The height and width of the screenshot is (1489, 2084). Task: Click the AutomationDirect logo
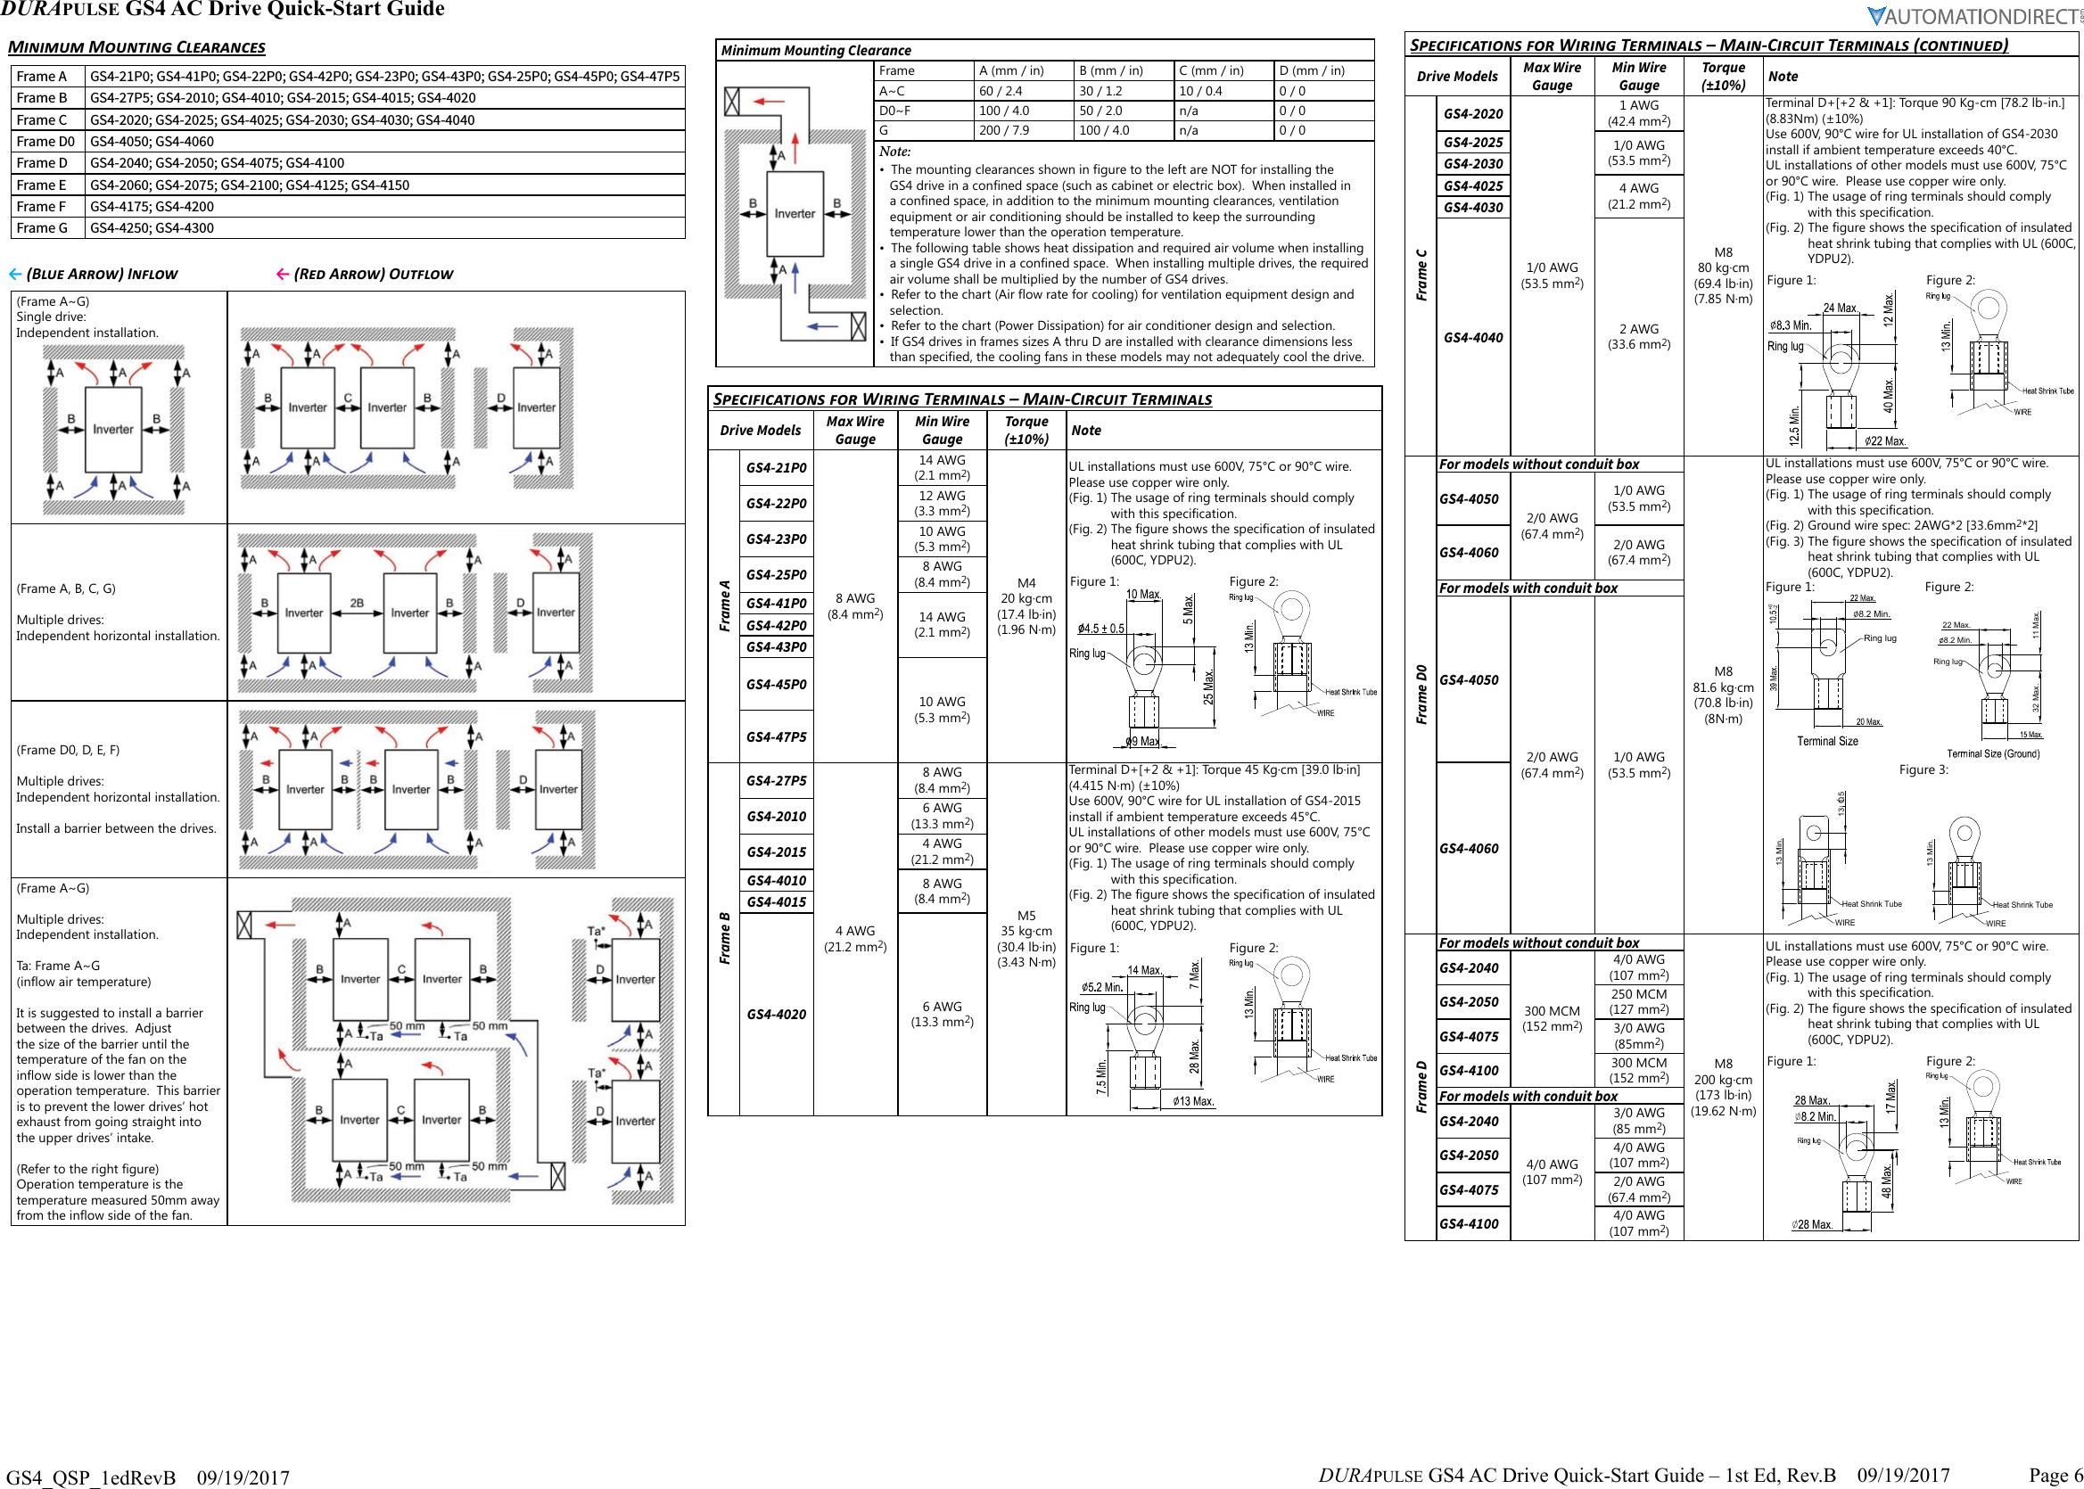(1972, 17)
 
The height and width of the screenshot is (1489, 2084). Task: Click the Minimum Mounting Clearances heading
(136, 46)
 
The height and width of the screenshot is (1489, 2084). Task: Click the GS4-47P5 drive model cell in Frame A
(776, 736)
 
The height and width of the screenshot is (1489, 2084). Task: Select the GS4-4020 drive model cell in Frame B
(776, 1014)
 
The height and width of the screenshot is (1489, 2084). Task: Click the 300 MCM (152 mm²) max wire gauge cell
(1552, 1018)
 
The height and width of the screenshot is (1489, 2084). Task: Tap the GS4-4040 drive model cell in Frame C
(1472, 337)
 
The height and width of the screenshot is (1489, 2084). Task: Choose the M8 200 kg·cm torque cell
(1723, 1088)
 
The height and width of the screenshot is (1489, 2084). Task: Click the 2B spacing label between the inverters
(357, 604)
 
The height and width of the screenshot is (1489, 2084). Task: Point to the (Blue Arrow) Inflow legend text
(102, 274)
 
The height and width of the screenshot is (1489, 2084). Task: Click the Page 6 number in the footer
(2055, 1475)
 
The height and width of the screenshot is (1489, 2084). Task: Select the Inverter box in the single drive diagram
(112, 429)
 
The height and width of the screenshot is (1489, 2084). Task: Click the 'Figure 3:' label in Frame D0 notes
(1923, 770)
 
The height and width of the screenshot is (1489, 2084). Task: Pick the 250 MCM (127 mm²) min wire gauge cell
(1638, 1001)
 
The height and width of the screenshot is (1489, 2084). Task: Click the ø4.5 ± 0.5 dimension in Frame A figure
(1100, 629)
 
